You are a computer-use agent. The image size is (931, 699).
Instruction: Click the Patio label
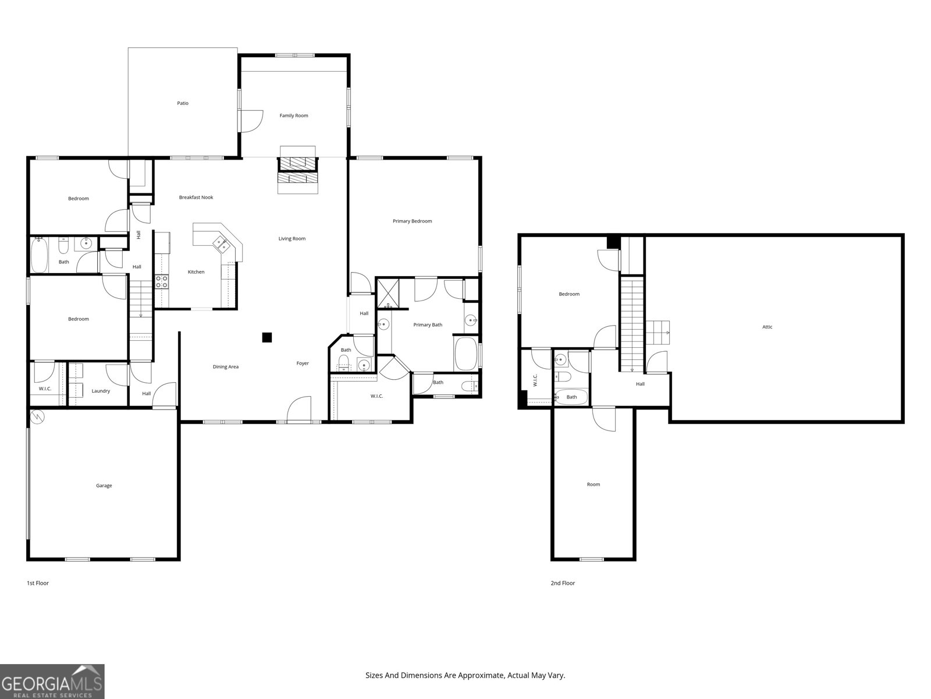pyautogui.click(x=183, y=103)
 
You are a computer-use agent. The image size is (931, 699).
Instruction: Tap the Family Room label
pyautogui.click(x=294, y=115)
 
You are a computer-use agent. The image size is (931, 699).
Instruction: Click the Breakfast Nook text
pyautogui.click(x=196, y=197)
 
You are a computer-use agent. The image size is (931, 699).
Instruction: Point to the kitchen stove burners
pyautogui.click(x=162, y=282)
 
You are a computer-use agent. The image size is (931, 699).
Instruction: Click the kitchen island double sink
pyautogui.click(x=222, y=244)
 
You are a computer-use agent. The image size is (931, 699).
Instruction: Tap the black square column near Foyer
pyautogui.click(x=267, y=337)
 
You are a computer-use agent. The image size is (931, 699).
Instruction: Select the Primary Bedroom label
pyautogui.click(x=412, y=221)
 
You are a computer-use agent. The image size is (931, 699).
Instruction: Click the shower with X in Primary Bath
pyautogui.click(x=385, y=293)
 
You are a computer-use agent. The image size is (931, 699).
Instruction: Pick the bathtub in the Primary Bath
pyautogui.click(x=465, y=353)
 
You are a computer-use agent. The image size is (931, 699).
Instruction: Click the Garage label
pyautogui.click(x=104, y=485)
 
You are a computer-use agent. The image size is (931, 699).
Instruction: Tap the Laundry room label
pyautogui.click(x=101, y=391)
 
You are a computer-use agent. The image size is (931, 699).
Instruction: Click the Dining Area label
pyautogui.click(x=226, y=367)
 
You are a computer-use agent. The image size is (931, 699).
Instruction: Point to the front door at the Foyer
pyautogui.click(x=299, y=410)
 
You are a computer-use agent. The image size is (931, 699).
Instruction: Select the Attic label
pyautogui.click(x=767, y=327)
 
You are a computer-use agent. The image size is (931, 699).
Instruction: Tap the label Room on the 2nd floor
pyautogui.click(x=594, y=484)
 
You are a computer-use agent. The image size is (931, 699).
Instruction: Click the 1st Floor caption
pyautogui.click(x=38, y=582)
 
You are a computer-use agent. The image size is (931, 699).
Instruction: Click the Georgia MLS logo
pyautogui.click(x=52, y=681)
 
